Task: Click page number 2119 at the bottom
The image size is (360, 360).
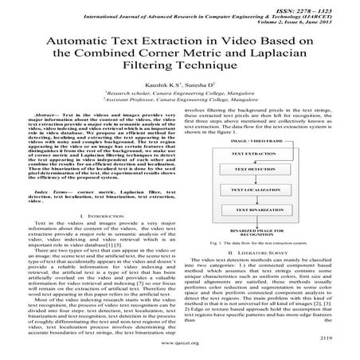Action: (337, 337)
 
